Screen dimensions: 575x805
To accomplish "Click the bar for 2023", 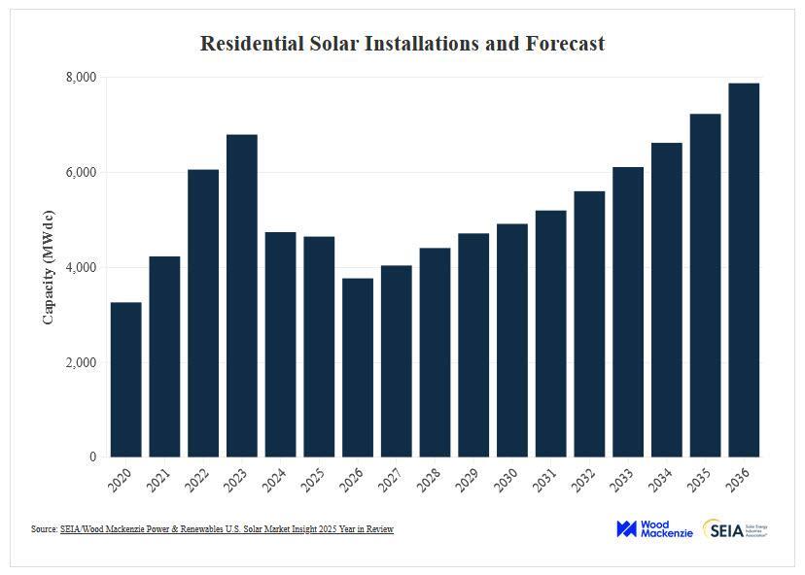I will (x=242, y=295).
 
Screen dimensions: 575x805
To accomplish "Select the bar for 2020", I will (x=126, y=379).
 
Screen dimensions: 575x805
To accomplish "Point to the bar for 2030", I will (x=512, y=340).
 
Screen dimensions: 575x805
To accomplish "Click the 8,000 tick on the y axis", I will (x=81, y=78).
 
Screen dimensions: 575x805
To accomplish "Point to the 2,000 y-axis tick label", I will (x=81, y=362).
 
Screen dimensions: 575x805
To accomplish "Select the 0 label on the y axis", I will (x=92, y=457).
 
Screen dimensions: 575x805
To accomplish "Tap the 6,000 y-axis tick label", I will (x=81, y=173).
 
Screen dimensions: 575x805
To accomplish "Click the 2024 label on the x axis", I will (x=276, y=476).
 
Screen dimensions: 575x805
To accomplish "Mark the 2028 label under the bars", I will (x=431, y=476).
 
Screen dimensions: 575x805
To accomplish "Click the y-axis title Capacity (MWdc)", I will (x=49, y=266).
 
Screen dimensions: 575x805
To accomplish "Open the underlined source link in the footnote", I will (x=227, y=529).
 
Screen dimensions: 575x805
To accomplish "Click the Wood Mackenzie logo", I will (x=654, y=529).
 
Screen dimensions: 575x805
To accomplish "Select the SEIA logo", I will (x=735, y=529).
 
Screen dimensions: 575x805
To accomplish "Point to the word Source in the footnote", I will (x=44, y=529).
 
